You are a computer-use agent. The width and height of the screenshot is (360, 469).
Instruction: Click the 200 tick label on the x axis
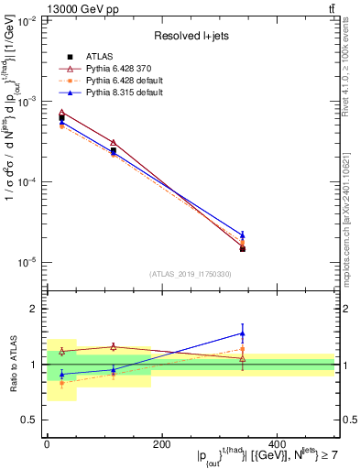coord(161,443)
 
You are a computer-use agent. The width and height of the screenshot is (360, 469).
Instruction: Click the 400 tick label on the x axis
coord(277,443)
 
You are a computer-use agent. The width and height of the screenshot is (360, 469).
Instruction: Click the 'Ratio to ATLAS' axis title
coord(11,365)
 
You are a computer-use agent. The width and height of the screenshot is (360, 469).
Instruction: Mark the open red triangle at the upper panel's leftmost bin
coord(61,112)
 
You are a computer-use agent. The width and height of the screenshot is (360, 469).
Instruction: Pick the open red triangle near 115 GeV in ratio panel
coord(113,346)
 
